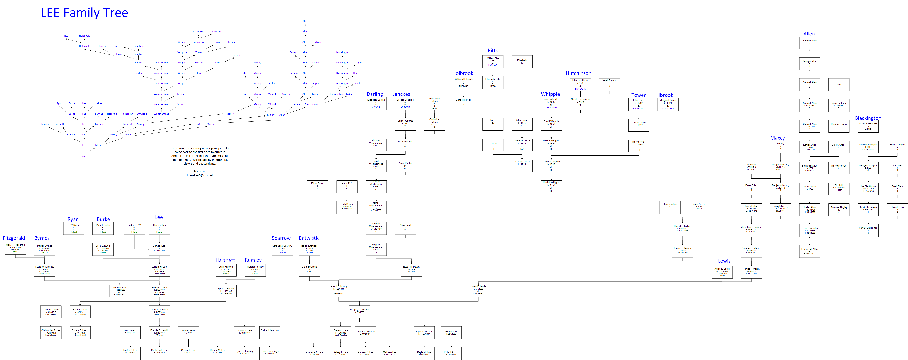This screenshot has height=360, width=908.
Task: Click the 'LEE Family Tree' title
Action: pos(84,13)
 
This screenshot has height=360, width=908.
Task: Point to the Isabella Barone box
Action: pos(51,312)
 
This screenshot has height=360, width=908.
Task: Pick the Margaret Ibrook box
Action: pos(668,104)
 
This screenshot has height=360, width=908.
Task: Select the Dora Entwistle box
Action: pos(309,270)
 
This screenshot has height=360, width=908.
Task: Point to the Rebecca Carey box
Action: pos(838,126)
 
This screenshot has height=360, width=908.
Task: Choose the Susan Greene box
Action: pos(699,207)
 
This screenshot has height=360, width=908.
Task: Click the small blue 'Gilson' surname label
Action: pos(236,55)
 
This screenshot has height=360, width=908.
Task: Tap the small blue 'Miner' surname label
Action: pos(100,103)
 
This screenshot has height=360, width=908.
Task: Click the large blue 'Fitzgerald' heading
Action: pos(14,238)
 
